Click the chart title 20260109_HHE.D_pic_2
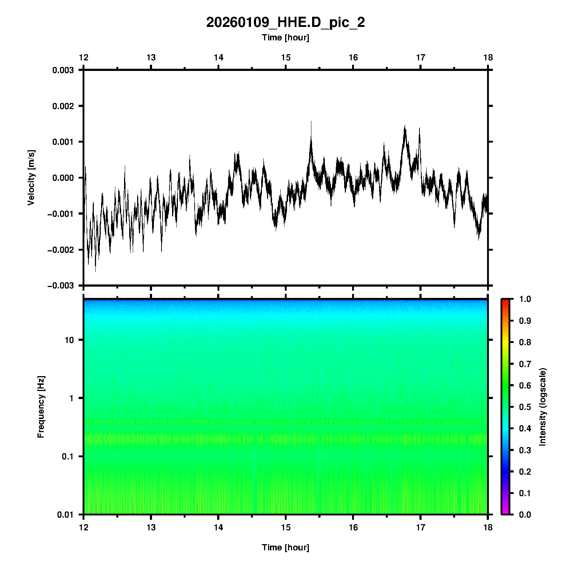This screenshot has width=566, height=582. click(285, 23)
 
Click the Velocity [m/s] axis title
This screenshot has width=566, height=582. click(31, 178)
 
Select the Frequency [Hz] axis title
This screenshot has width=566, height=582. click(41, 407)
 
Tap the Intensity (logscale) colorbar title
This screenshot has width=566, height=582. click(543, 407)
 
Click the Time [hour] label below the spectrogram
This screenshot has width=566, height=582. click(285, 547)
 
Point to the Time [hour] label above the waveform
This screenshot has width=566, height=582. click(285, 37)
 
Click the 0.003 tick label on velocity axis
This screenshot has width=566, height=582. click(63, 70)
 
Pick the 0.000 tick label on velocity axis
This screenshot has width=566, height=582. click(63, 178)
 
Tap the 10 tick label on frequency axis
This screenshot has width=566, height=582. click(69, 340)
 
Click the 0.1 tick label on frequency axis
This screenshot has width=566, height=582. click(67, 457)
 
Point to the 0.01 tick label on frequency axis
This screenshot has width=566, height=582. click(65, 514)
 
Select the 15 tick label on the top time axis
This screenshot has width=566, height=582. click(286, 57)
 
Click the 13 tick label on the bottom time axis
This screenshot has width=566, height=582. click(151, 527)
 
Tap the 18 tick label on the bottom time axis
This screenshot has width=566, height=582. click(488, 527)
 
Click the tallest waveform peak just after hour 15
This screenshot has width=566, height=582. click(311, 121)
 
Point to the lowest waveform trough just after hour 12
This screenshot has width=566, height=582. click(96, 271)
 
